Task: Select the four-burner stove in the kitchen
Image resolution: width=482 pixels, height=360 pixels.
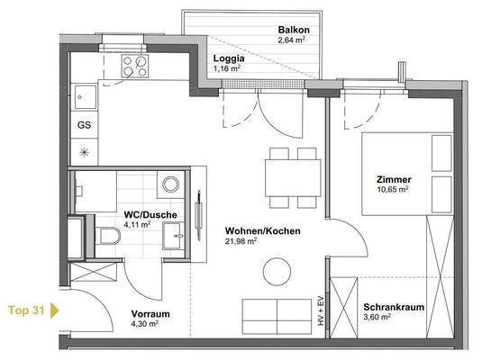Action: [136, 65]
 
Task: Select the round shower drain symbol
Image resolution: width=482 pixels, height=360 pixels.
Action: [169, 184]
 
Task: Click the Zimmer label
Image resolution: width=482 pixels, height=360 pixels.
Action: [393, 179]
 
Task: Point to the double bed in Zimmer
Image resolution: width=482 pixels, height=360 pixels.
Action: [407, 175]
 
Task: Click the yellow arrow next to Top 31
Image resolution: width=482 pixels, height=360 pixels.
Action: [54, 311]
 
